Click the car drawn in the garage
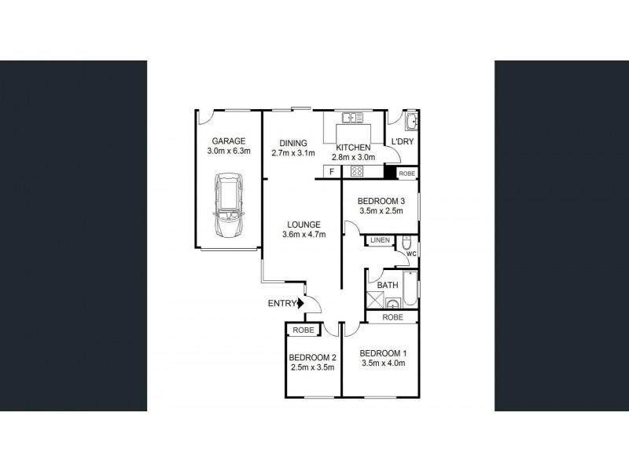[x=227, y=208]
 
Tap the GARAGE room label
[x=228, y=141]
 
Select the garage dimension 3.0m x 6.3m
[x=228, y=152]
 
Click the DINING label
[x=293, y=143]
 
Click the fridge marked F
[x=332, y=171]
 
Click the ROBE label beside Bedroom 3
[x=407, y=173]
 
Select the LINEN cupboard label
[x=379, y=240]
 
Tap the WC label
[x=411, y=254]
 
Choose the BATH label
[x=388, y=285]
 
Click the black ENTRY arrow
[x=299, y=304]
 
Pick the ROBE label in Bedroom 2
[x=303, y=330]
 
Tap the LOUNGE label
[x=304, y=223]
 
